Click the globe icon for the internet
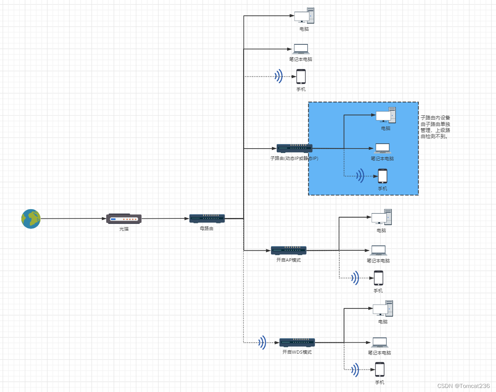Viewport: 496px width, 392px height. click(31, 219)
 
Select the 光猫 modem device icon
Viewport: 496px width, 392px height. click(124, 219)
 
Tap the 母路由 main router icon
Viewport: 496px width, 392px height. click(207, 218)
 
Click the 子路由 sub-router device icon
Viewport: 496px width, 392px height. click(294, 149)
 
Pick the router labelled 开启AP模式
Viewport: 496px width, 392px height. click(288, 250)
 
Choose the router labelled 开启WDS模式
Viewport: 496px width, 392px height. click(297, 342)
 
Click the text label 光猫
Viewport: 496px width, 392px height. click(124, 229)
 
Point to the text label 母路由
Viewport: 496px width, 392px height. click(207, 228)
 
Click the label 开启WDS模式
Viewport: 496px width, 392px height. click(297, 352)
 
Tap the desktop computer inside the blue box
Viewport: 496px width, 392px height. click(385, 115)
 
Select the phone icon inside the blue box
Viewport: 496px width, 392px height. click(383, 176)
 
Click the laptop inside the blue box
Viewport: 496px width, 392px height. click(383, 148)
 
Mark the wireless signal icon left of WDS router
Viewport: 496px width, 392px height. click(263, 342)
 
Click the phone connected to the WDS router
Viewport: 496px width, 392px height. click(380, 369)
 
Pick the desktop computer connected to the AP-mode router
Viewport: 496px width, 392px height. click(381, 217)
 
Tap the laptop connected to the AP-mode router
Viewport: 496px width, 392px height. click(378, 250)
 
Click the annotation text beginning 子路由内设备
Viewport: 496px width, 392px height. click(435, 127)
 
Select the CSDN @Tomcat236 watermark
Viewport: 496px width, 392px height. click(464, 386)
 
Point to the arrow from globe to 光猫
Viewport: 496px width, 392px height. click(73, 219)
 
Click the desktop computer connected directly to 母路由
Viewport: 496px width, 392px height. click(304, 16)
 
